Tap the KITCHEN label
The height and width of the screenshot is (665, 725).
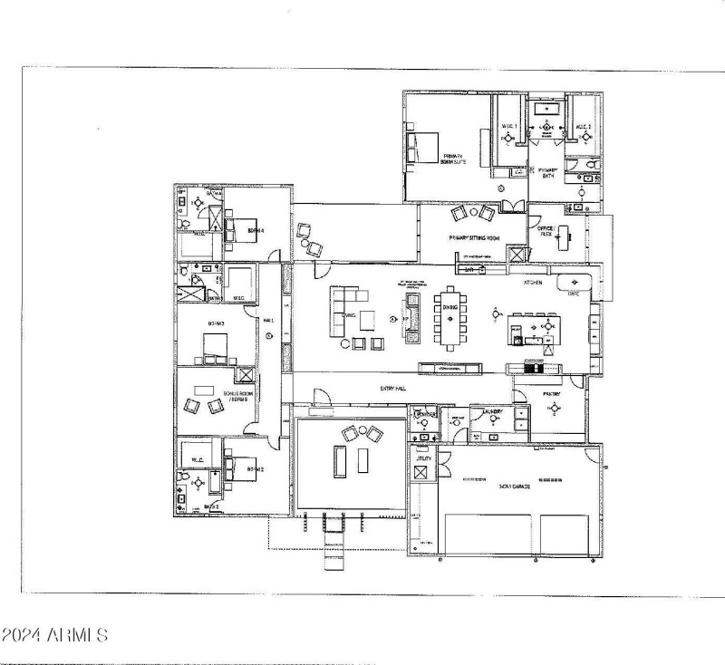point(532,284)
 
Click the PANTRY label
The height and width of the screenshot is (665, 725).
point(552,394)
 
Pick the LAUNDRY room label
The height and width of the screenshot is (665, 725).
point(493,412)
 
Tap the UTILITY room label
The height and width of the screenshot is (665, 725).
point(423,460)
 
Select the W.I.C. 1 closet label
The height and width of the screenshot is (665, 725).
point(508,126)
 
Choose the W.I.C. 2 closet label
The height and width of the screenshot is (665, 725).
point(585,126)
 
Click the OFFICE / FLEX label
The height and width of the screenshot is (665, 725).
point(546,230)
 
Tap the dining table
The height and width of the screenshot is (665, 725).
point(450,317)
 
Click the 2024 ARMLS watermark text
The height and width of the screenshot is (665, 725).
point(54,634)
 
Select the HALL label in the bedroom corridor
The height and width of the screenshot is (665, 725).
point(268,321)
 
